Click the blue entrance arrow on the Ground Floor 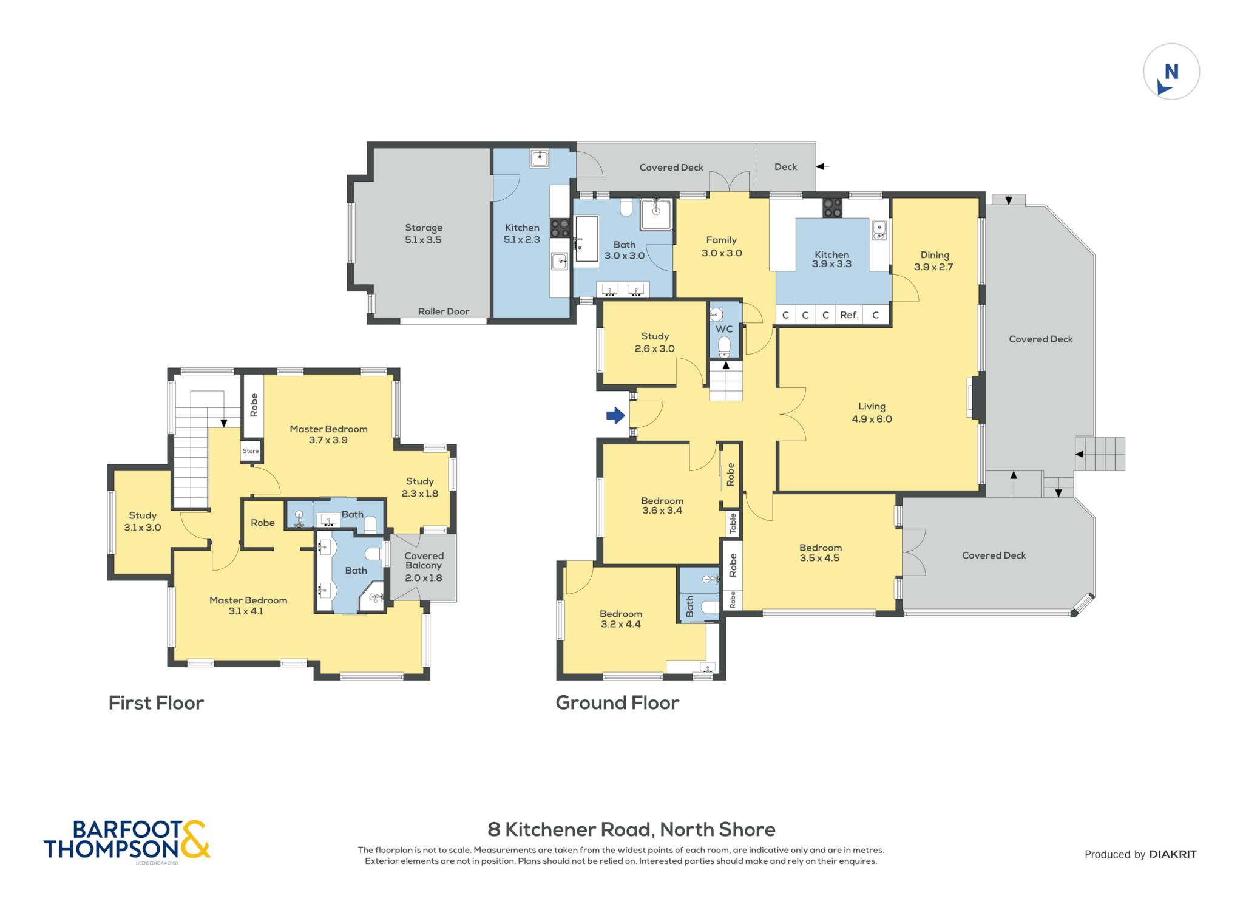[x=615, y=415]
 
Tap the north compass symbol [x=1171, y=72]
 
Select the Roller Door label [x=444, y=311]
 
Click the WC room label [x=724, y=329]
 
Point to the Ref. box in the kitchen [x=849, y=314]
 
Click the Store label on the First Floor [x=251, y=451]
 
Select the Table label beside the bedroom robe [x=733, y=523]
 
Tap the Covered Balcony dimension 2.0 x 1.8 [x=424, y=578]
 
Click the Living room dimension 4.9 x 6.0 [x=872, y=419]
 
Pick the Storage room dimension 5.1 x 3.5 [x=423, y=240]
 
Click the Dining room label [x=935, y=256]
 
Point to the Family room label [x=721, y=240]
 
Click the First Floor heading [x=156, y=702]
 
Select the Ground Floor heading [x=617, y=702]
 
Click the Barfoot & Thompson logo [x=127, y=840]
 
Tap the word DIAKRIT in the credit [x=1173, y=854]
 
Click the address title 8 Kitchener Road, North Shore [x=632, y=829]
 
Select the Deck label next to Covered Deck [x=785, y=167]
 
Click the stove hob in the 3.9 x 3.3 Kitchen [x=832, y=208]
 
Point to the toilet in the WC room [x=724, y=346]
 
